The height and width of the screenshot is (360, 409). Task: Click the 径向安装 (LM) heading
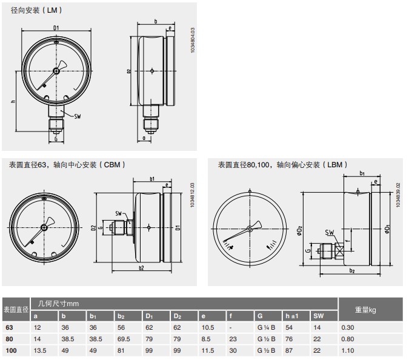point(36,10)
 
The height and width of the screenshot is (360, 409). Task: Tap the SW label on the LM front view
point(78,116)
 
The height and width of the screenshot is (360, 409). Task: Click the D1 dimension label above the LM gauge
point(56,28)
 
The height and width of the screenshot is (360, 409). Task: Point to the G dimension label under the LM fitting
point(56,139)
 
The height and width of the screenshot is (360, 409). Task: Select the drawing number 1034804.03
point(193,41)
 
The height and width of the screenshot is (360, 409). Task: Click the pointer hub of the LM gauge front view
point(56,71)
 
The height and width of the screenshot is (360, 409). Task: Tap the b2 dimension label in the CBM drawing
point(141,268)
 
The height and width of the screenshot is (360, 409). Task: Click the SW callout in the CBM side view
point(118,214)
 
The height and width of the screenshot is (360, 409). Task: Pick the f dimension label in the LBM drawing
point(347,241)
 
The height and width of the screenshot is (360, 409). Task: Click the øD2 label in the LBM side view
point(299,231)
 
